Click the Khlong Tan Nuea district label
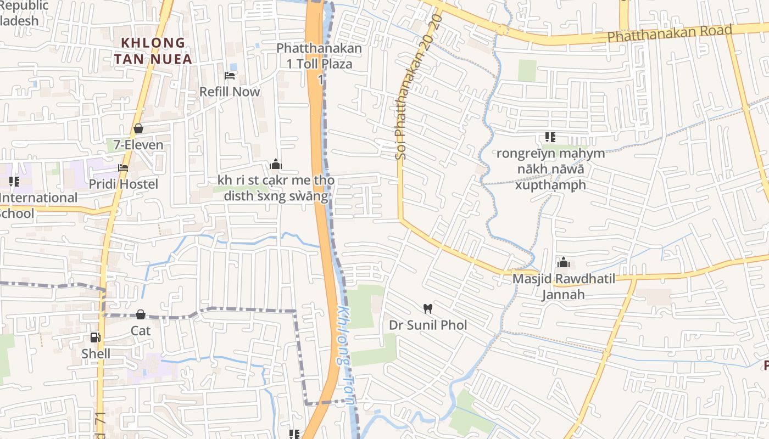click(153, 50)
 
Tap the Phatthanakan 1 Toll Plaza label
click(319, 56)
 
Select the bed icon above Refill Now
click(230, 75)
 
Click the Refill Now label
click(230, 92)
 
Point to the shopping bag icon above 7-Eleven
click(138, 128)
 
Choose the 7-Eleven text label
click(138, 145)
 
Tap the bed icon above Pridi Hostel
click(123, 168)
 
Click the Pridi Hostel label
click(123, 184)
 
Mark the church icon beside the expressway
click(276, 164)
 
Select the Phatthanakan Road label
click(670, 33)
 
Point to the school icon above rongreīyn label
click(550, 137)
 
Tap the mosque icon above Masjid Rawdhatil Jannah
click(564, 263)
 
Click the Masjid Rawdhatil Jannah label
click(564, 286)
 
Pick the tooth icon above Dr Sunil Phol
click(428, 309)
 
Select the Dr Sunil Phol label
click(428, 325)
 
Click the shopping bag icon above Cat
click(141, 314)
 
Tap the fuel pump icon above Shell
click(96, 337)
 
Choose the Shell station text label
click(96, 354)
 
